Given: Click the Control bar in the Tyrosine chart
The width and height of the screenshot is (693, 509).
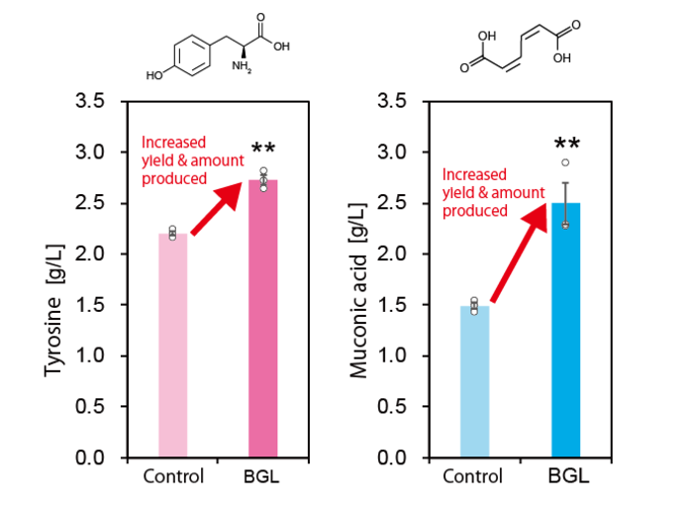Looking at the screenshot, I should click(x=173, y=346).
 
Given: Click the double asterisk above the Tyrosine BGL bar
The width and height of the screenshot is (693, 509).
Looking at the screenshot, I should click(x=262, y=150).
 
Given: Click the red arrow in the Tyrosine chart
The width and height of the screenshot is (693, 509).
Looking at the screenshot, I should click(x=218, y=208).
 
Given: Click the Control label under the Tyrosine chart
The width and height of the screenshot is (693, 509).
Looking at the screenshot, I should click(x=173, y=476).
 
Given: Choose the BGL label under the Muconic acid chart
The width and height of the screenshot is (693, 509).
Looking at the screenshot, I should click(x=567, y=476).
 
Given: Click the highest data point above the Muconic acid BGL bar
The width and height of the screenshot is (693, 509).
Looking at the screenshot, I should click(x=565, y=162).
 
